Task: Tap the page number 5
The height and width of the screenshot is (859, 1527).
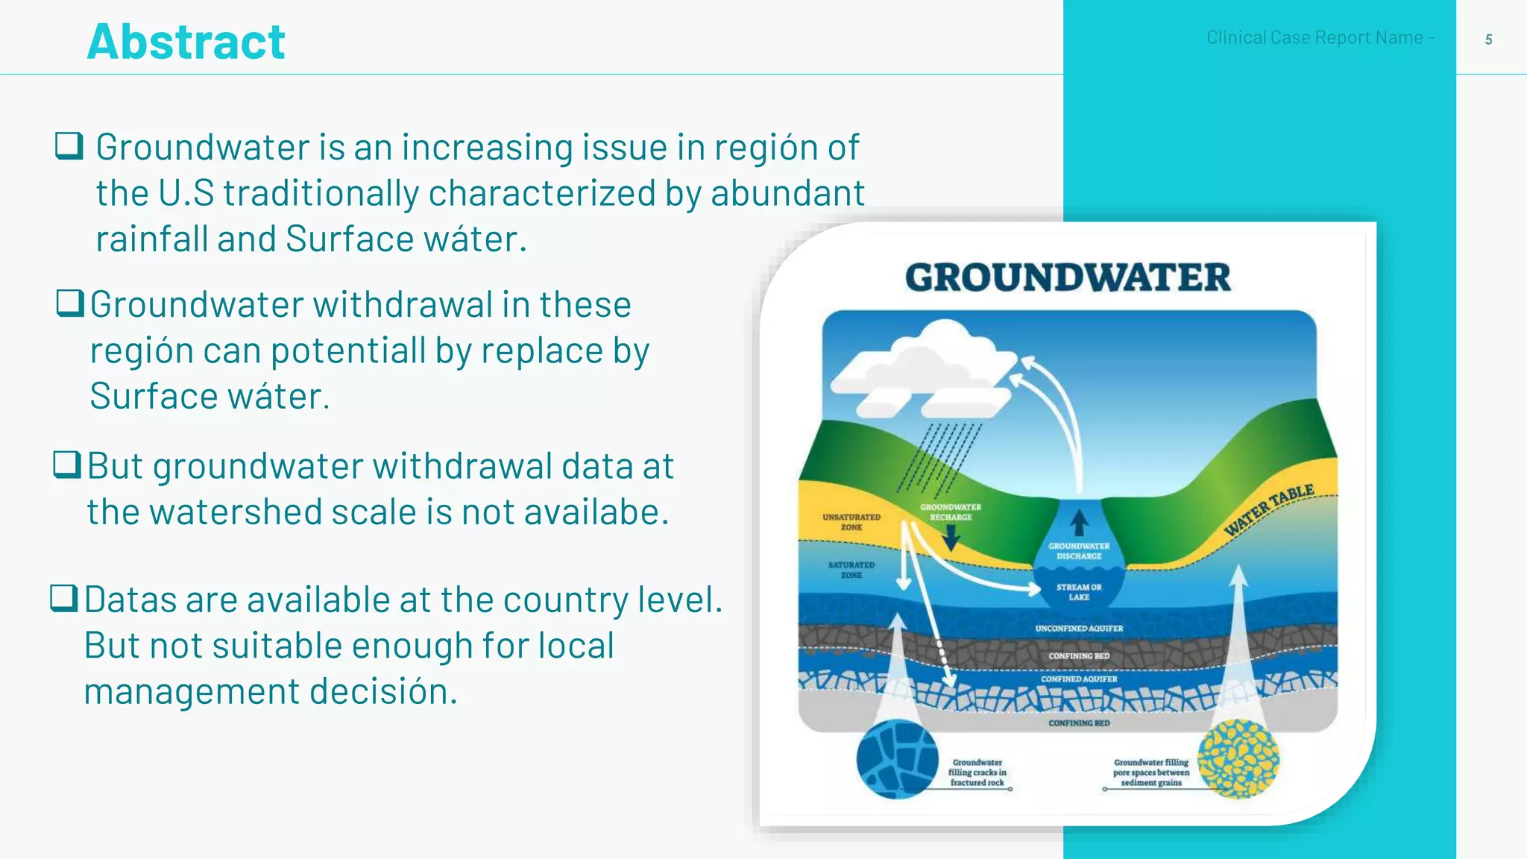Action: [1488, 40]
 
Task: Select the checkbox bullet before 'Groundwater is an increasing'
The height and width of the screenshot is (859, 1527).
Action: [69, 145]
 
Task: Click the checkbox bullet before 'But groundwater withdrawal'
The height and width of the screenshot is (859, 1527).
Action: [67, 465]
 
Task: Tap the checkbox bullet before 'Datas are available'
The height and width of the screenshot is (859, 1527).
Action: [64, 598]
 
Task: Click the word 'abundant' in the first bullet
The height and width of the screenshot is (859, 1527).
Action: [787, 193]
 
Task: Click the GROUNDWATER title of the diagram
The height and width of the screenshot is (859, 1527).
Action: [1068, 277]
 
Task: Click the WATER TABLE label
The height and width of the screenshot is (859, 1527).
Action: [1269, 509]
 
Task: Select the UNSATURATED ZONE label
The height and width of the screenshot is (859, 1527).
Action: [851, 522]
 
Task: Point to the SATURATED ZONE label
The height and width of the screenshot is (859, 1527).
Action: [851, 570]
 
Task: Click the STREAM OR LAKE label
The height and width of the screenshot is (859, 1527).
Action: [1079, 592]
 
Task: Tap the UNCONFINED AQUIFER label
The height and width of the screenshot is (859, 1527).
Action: [1079, 629]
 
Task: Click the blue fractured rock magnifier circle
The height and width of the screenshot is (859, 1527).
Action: [897, 759]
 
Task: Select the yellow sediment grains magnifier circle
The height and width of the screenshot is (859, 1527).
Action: [1238, 759]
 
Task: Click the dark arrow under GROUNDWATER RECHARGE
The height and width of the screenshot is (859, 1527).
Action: [951, 537]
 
